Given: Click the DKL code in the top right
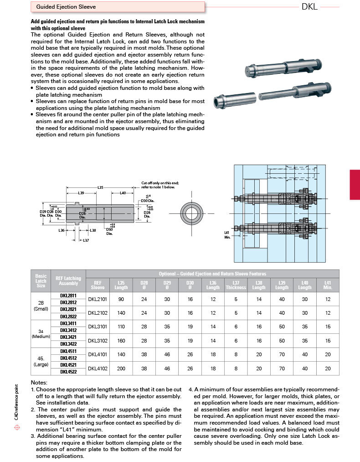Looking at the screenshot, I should [309, 7].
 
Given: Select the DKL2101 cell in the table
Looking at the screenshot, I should [97, 299].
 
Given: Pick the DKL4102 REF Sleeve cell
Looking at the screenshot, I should [97, 368].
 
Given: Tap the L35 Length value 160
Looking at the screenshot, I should [121, 340].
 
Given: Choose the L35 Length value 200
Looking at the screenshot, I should [121, 368].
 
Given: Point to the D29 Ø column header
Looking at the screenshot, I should [167, 285].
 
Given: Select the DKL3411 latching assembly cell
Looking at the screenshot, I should [68, 323].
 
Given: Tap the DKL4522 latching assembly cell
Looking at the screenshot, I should [68, 372].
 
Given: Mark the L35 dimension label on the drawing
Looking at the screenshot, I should [101, 187].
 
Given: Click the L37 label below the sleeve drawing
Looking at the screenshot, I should [85, 240].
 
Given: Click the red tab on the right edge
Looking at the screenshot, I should [355, 185].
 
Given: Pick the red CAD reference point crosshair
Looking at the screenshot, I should [17, 427].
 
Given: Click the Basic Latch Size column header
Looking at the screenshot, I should [41, 281].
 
